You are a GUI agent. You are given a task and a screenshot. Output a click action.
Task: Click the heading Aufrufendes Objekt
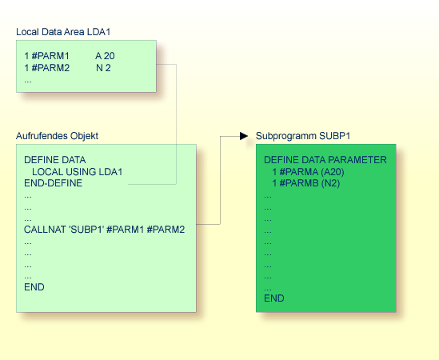pyautogui.click(x=57, y=136)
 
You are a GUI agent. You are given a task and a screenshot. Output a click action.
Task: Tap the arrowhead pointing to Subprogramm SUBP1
pyautogui.click(x=244, y=136)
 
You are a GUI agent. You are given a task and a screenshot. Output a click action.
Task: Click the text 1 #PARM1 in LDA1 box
pyautogui.click(x=47, y=55)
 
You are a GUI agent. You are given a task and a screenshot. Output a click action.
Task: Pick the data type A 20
pyautogui.click(x=106, y=55)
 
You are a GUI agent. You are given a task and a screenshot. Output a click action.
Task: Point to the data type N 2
pyautogui.click(x=103, y=68)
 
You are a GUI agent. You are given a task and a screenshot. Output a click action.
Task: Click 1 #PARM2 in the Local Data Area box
pyautogui.click(x=47, y=68)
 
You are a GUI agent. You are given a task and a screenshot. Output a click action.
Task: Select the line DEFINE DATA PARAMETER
pyautogui.click(x=325, y=160)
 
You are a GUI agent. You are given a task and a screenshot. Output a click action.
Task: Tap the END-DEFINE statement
pyautogui.click(x=53, y=183)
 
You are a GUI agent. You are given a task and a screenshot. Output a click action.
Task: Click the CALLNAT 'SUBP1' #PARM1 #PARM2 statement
pyautogui.click(x=104, y=230)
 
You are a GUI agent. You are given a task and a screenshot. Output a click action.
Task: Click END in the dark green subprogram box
pyautogui.click(x=273, y=298)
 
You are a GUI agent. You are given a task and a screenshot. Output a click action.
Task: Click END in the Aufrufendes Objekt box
pyautogui.click(x=34, y=287)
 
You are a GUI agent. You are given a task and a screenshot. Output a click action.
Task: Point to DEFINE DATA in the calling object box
pyautogui.click(x=54, y=160)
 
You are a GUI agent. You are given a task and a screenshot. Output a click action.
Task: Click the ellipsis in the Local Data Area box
pyautogui.click(x=28, y=80)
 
